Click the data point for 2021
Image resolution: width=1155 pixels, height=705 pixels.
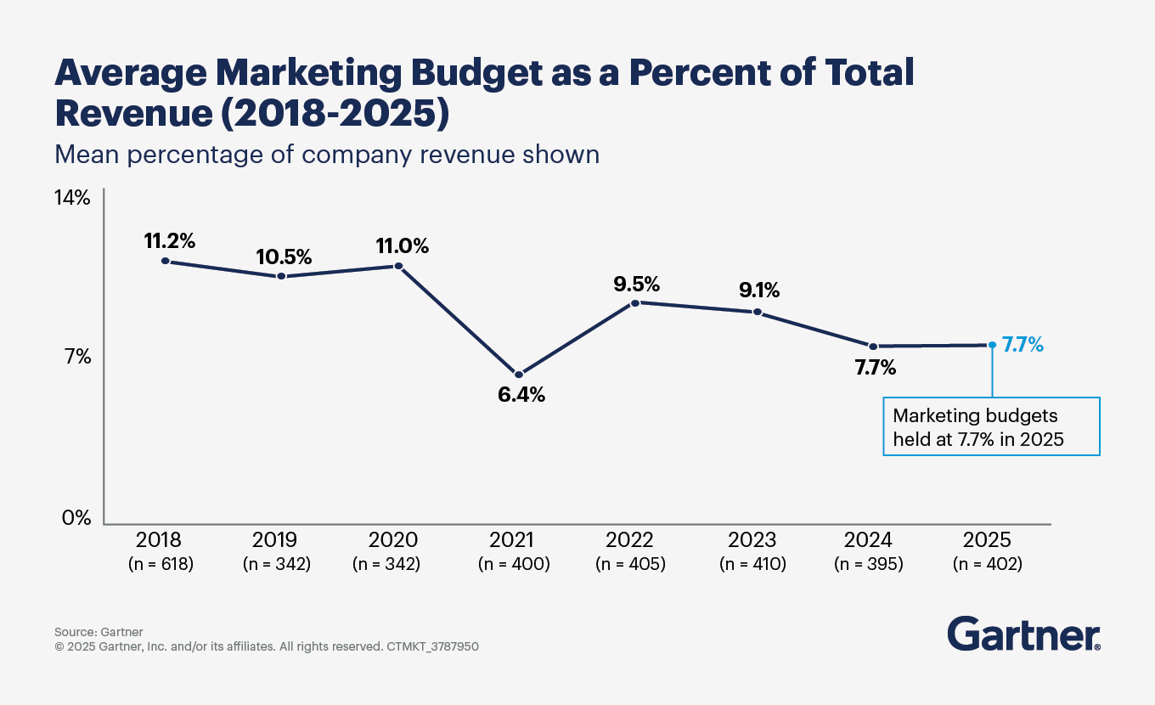tap(519, 375)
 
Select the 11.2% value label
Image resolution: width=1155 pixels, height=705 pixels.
tap(170, 240)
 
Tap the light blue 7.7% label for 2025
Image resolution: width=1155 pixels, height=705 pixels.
tap(1023, 345)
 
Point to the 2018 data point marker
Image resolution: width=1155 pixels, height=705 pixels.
tap(165, 261)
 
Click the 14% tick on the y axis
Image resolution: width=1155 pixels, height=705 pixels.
tap(72, 198)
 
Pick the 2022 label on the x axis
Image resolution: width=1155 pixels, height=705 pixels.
tap(630, 540)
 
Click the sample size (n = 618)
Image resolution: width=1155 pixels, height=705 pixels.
tap(161, 563)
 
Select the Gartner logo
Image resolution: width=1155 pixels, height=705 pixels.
tap(1023, 634)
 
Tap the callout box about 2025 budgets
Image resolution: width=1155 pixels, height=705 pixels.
tap(991, 427)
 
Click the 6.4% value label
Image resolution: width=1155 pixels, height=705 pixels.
tap(521, 395)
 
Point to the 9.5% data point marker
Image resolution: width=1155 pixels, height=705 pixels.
tap(636, 302)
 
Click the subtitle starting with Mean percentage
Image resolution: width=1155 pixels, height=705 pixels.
tap(327, 155)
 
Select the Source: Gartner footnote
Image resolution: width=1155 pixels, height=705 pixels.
tap(99, 632)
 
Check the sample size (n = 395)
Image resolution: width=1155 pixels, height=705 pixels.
tap(868, 563)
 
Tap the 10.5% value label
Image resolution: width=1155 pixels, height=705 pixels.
tap(285, 257)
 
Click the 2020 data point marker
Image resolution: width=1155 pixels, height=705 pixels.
tap(398, 266)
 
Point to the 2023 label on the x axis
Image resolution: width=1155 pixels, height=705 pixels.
tap(752, 540)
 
